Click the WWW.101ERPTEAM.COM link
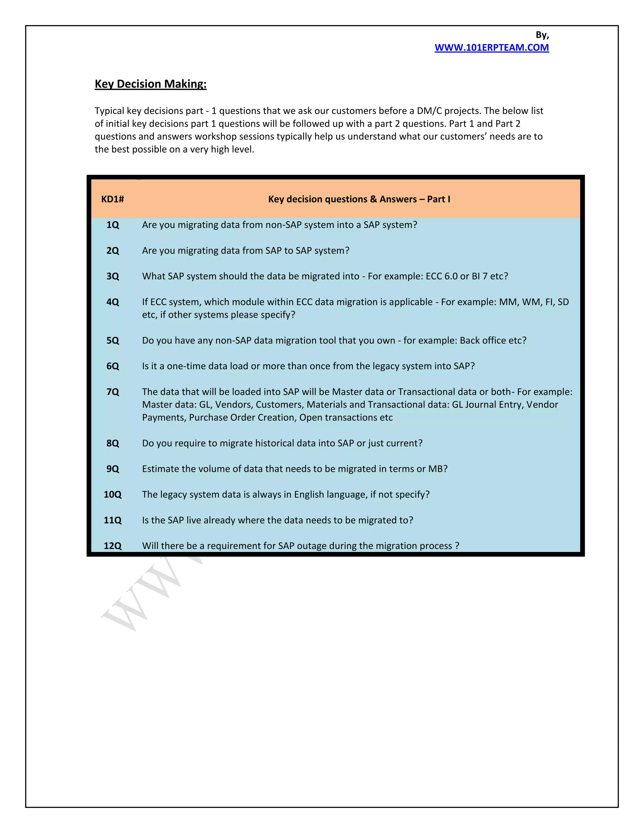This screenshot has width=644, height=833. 491,48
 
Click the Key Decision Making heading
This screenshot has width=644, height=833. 150,84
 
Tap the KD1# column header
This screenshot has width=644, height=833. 113,199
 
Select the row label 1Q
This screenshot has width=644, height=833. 113,225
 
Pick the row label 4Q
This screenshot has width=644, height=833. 113,302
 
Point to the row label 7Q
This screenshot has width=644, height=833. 113,392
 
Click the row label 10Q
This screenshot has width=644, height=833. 113,495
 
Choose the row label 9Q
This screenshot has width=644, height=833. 113,469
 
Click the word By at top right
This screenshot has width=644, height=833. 542,35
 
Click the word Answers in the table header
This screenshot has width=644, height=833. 398,199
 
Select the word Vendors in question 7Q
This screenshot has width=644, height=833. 233,405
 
